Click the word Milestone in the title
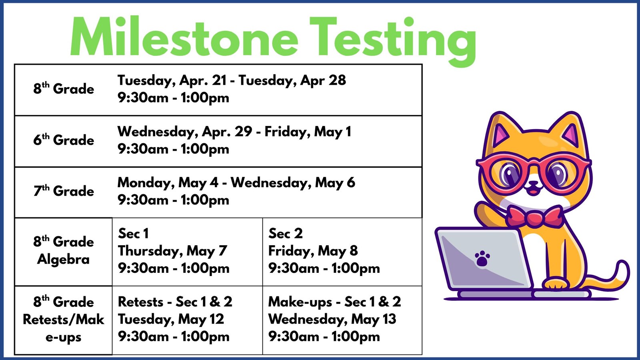coord(184,36)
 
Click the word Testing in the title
coord(393,42)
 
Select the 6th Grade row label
coord(64,139)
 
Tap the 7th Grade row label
coord(64,190)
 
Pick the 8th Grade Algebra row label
coord(64,250)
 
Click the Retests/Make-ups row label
coord(64,320)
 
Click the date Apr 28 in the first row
coord(323,80)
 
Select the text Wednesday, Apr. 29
coord(184,132)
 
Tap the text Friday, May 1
coord(308,132)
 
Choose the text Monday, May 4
coord(168,183)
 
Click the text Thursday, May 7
coord(172,251)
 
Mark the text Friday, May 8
coord(313,251)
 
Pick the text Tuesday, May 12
coord(171,319)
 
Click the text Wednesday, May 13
coord(332,319)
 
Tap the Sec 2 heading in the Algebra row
coord(286,234)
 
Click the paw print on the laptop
coord(482,258)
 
